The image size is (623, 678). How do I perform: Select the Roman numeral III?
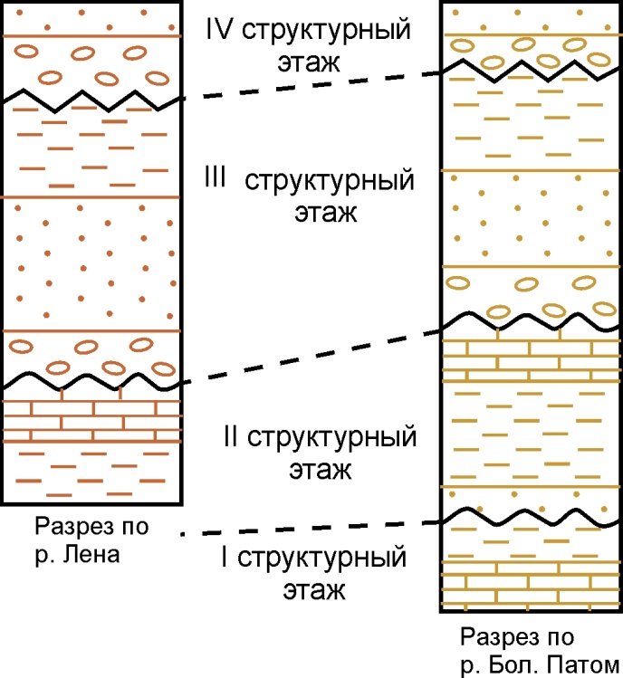[x=216, y=178]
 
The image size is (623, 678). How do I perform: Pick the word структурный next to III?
[x=329, y=180]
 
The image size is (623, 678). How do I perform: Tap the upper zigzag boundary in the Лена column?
[x=91, y=97]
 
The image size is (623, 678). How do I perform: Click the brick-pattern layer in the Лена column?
[x=91, y=420]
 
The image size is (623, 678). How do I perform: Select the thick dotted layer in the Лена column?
[x=91, y=263]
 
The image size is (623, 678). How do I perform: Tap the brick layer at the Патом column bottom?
[x=529, y=589]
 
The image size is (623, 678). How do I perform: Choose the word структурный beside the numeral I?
[x=327, y=559]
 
